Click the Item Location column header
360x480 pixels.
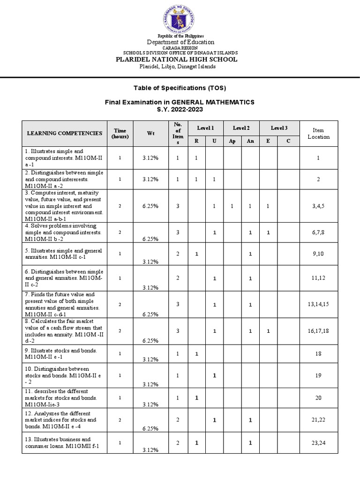(x=318, y=133)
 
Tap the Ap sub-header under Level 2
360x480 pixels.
(x=232, y=141)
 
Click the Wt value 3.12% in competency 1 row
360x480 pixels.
(x=150, y=158)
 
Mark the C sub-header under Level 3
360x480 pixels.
(x=289, y=141)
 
